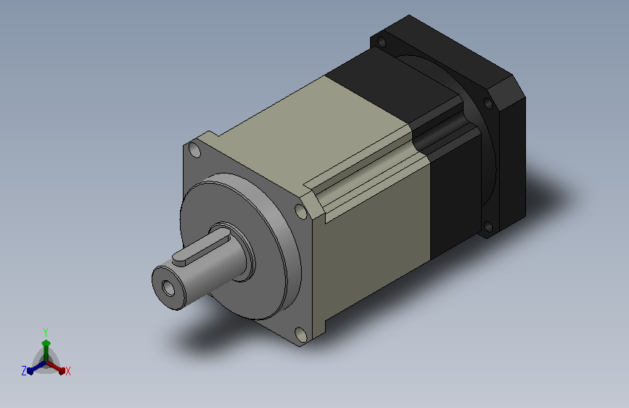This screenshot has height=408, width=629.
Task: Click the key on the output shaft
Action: [x=200, y=251]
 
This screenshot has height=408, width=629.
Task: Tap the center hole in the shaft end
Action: [x=168, y=288]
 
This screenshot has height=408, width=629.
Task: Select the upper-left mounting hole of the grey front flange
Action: [x=194, y=150]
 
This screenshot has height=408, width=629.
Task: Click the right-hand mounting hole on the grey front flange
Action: [x=300, y=211]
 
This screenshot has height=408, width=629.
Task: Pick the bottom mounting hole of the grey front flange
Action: [x=300, y=334]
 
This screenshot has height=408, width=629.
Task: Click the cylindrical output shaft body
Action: [x=209, y=265]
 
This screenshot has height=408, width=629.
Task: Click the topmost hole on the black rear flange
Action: [x=382, y=41]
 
